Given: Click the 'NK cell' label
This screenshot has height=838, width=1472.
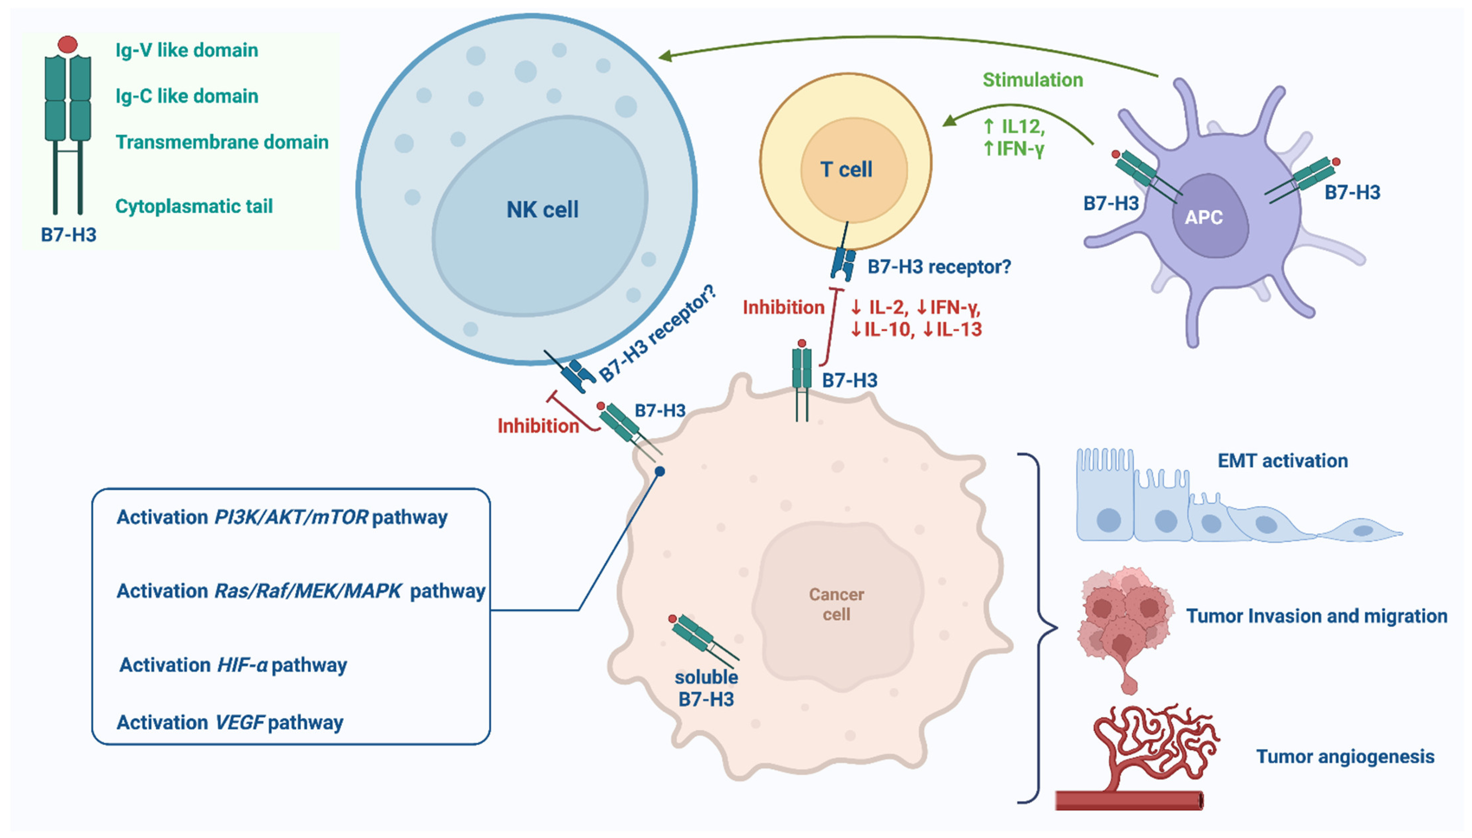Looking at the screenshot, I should coord(542,209).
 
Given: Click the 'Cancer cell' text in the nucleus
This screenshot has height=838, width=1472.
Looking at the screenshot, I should coord(836,604).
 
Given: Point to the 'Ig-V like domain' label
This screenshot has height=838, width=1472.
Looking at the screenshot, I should coord(186,50).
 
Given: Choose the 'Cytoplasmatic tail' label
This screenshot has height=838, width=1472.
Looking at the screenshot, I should coord(194,206).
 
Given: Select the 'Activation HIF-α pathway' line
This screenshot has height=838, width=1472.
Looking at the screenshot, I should coord(233,665).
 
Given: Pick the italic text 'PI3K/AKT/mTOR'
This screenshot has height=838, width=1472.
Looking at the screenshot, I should coord(291,517).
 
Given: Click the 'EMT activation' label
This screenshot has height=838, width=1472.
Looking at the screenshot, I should coord(1282,461).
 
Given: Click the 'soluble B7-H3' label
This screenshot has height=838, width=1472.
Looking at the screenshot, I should coord(706,688).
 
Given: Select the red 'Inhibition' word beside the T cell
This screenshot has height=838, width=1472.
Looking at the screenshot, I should coord(783,307).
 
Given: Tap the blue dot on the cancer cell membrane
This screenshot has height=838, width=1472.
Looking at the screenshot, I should coord(660,472).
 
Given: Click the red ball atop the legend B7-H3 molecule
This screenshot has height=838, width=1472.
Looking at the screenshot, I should coord(68,44).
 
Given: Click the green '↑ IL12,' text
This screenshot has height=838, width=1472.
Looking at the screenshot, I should coord(1014,126).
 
